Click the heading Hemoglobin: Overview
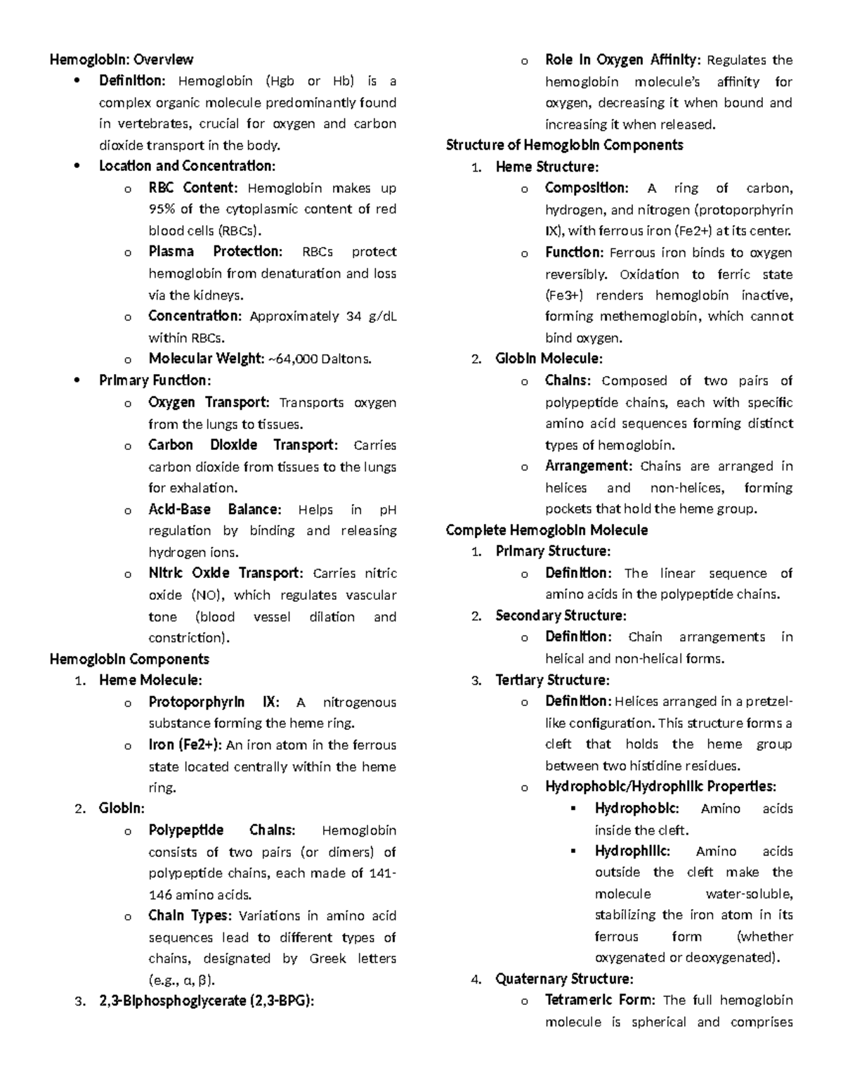coord(121,60)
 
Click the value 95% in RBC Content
coord(162,209)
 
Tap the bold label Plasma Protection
coord(215,252)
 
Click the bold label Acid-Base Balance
coord(215,509)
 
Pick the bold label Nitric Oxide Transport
coord(226,573)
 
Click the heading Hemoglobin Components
coord(129,659)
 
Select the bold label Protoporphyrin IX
coord(214,702)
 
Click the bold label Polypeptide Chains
coord(222,830)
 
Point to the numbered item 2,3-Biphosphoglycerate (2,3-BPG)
coord(207,1001)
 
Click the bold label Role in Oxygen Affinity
coord(622,60)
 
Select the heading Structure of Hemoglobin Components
coord(564,145)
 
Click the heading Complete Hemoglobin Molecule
coord(547,529)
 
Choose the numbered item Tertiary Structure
coord(552,680)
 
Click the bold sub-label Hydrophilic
coord(632,851)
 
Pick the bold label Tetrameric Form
coord(601,1000)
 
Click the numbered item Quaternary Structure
coord(564,979)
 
